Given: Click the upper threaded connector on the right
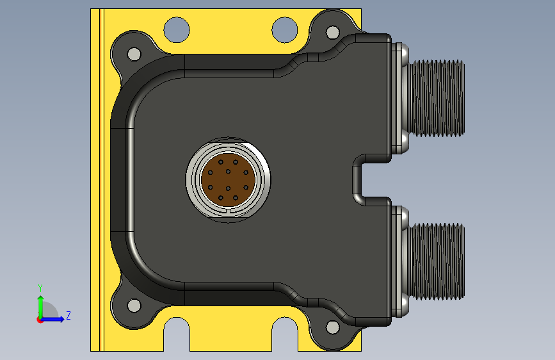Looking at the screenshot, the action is click(433, 98).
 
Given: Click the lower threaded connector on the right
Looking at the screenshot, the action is click(433, 261).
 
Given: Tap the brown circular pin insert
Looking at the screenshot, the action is click(229, 179).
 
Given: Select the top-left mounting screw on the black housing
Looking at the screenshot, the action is click(134, 54).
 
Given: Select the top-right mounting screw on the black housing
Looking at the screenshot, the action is click(333, 32).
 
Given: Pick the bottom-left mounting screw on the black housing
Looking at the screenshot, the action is click(134, 306).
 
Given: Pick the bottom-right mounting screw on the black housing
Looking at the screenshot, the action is click(333, 327).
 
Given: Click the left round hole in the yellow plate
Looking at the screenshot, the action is click(177, 29).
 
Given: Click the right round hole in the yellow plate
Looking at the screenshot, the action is click(285, 29).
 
